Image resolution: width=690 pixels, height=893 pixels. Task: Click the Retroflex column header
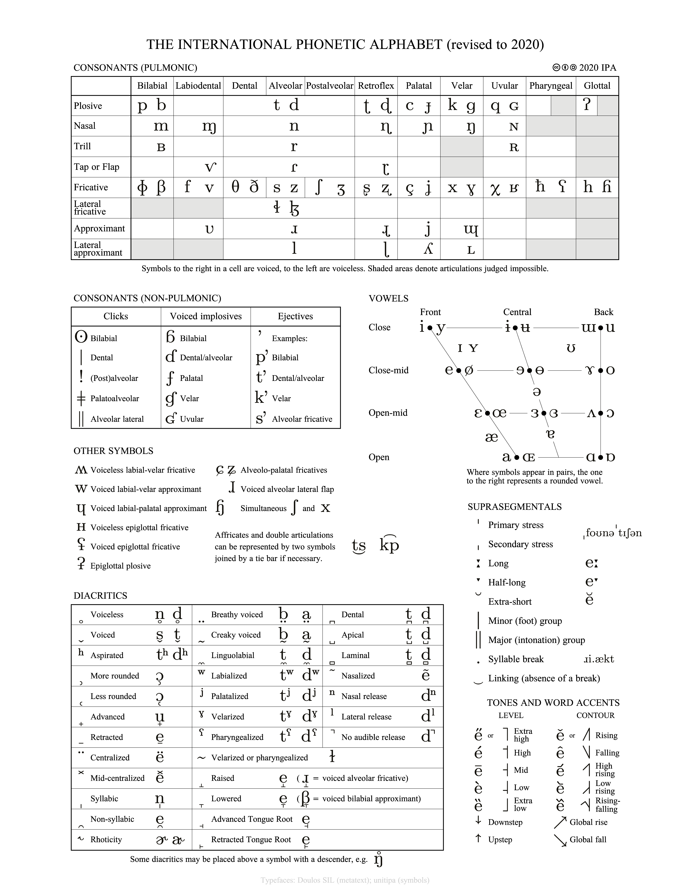point(376,86)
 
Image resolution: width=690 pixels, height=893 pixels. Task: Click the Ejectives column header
point(295,316)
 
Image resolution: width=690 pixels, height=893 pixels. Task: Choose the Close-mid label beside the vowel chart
point(388,370)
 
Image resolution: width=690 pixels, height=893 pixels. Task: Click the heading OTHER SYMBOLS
point(113,451)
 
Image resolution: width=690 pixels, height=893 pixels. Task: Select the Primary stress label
point(515,525)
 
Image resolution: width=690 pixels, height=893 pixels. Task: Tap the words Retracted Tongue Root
point(251,839)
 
